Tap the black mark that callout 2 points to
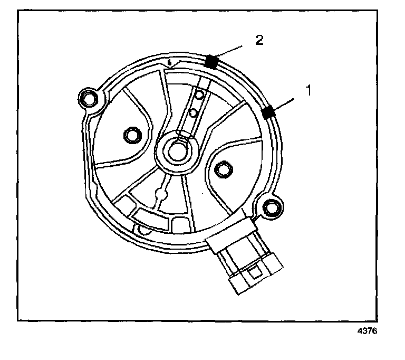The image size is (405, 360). (x=212, y=62)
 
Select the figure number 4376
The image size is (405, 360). (x=368, y=333)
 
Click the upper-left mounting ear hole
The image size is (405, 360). (x=88, y=98)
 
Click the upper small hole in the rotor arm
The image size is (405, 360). (x=199, y=95)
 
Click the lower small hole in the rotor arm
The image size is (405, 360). (x=193, y=112)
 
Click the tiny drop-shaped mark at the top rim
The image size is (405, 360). (x=169, y=62)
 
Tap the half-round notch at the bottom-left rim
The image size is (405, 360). (x=143, y=230)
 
